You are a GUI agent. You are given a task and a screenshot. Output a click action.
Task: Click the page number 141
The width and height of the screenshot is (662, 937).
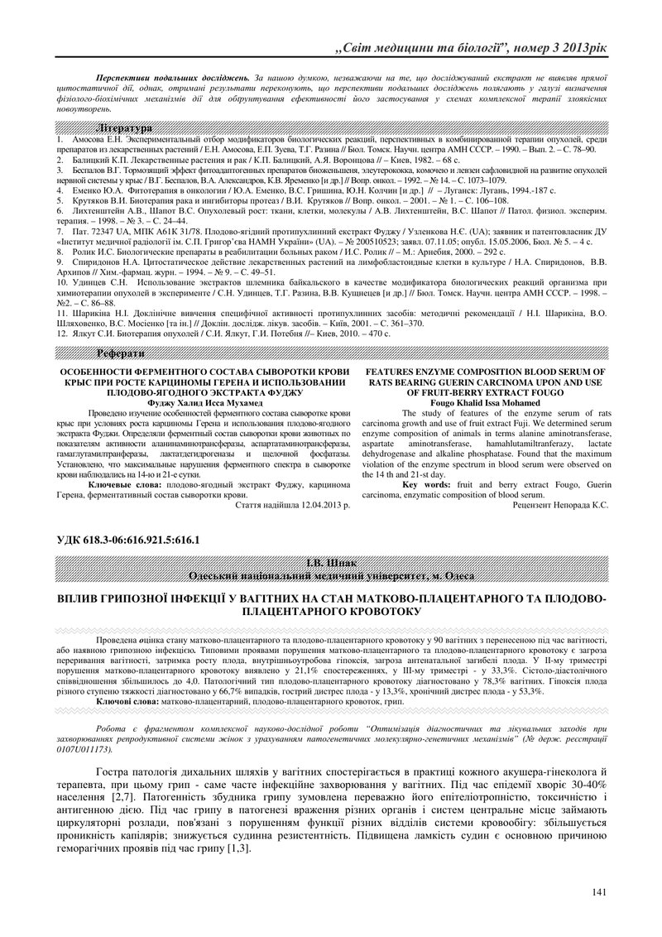(x=600, y=891)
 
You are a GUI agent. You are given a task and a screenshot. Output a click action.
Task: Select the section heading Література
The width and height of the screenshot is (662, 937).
(x=124, y=130)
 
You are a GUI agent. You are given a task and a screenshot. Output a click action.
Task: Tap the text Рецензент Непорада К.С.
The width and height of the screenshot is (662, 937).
(x=560, y=503)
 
